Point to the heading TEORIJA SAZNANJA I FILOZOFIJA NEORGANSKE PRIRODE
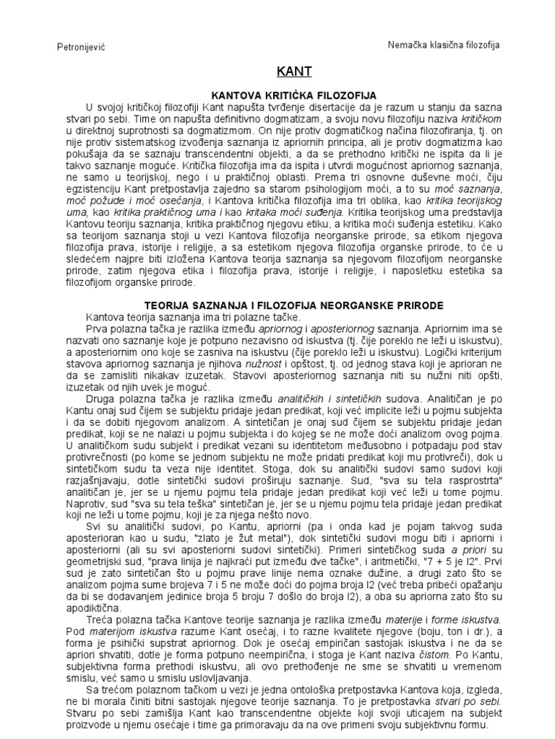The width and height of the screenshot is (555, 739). click(x=294, y=306)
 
